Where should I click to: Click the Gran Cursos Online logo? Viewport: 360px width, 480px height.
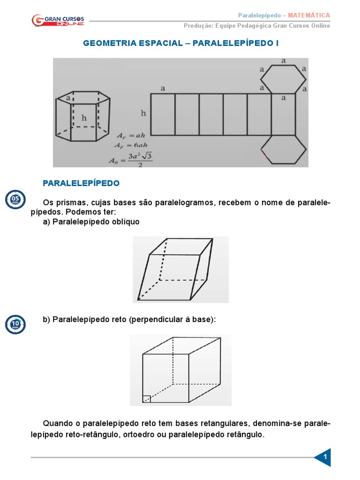pyautogui.click(x=58, y=20)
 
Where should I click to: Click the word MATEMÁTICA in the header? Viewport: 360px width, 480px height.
pyautogui.click(x=308, y=15)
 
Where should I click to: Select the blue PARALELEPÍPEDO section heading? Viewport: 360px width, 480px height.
pyautogui.click(x=81, y=183)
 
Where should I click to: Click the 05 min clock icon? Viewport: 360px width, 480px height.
pyautogui.click(x=15, y=200)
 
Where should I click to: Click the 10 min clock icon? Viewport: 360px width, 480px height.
pyautogui.click(x=15, y=324)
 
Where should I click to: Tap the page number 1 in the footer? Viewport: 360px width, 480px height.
pyautogui.click(x=325, y=457)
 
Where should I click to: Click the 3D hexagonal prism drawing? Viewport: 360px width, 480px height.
pyautogui.click(x=82, y=116)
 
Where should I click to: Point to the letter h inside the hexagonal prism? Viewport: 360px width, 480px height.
pyautogui.click(x=84, y=118)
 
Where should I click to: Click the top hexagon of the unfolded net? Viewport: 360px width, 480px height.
pyautogui.click(x=283, y=79)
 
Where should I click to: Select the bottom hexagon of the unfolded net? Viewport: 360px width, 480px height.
pyautogui.click(x=283, y=150)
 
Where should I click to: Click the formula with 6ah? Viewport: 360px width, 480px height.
pyautogui.click(x=131, y=145)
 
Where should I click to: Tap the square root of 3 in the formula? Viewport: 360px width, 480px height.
pyautogui.click(x=147, y=156)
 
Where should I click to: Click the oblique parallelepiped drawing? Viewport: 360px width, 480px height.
pyautogui.click(x=175, y=270)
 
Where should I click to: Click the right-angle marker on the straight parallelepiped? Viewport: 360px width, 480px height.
pyautogui.click(x=147, y=399)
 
